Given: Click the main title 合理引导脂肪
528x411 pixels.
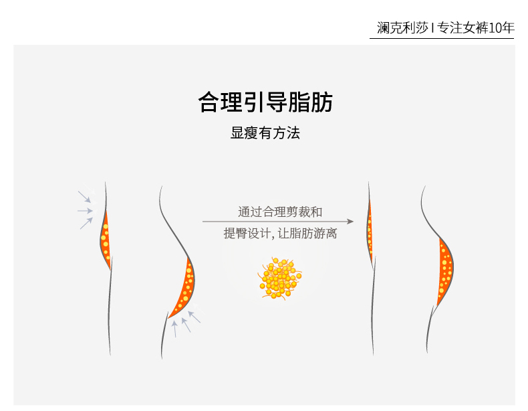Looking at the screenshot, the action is click(x=265, y=102).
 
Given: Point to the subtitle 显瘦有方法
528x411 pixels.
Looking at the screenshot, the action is click(x=265, y=133).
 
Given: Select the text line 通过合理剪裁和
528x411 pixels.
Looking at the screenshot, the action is click(x=280, y=212).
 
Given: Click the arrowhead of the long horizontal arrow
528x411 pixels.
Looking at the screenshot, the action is click(x=350, y=220).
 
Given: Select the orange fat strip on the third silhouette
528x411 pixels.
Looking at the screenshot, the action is click(x=369, y=228).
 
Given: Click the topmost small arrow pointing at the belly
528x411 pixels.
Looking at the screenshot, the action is click(x=84, y=197).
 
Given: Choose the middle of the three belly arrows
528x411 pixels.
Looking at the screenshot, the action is click(x=85, y=211).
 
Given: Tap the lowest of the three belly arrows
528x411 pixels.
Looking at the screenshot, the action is click(x=86, y=223).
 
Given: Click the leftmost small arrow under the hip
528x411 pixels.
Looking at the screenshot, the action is click(x=174, y=328).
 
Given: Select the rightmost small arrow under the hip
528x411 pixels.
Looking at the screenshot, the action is click(x=194, y=314).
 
